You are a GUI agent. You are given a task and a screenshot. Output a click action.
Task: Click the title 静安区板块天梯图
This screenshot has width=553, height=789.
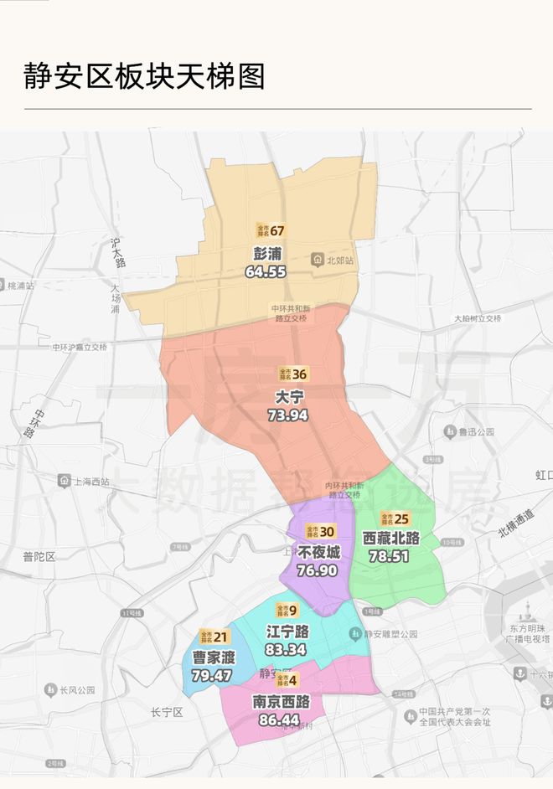144,76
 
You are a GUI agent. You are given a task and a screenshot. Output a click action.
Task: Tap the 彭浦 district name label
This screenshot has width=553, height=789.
267,254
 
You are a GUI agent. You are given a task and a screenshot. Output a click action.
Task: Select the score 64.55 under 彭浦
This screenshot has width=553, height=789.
266,271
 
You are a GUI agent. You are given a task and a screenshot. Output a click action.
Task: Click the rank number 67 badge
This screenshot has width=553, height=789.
277,230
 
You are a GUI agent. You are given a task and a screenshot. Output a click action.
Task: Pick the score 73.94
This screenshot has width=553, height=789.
288,415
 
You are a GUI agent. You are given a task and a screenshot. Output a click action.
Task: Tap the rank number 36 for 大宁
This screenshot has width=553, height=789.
299,374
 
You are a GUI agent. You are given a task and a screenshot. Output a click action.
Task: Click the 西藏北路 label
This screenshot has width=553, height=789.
390,538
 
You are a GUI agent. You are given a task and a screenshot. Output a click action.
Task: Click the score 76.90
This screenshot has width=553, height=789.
317,570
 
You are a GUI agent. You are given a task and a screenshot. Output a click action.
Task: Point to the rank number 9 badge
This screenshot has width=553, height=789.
293,610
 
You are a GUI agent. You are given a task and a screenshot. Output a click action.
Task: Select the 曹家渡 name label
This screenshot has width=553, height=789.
213,657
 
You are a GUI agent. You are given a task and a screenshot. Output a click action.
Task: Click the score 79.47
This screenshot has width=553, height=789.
211,675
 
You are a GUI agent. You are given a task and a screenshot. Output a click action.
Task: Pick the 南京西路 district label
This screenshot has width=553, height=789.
282,701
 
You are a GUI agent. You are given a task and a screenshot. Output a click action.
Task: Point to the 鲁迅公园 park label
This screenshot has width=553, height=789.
473,431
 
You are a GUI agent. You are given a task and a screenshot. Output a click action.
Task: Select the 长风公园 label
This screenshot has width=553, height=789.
77,690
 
